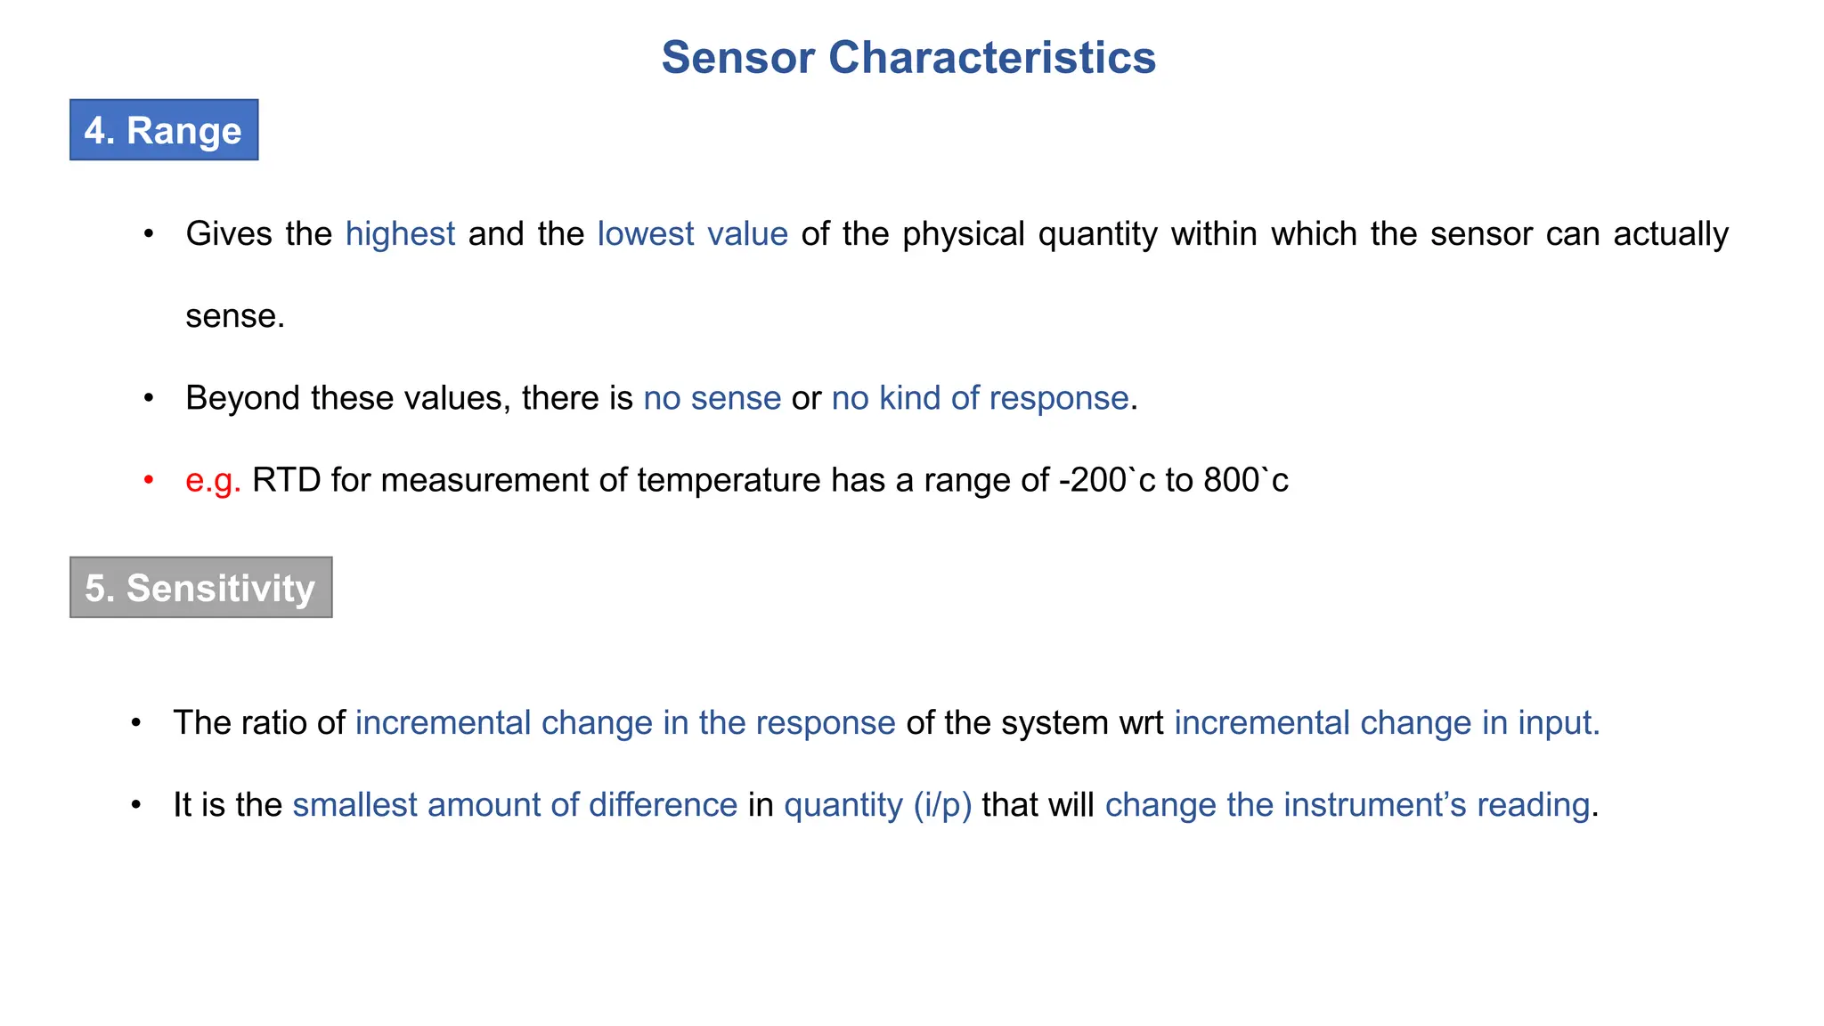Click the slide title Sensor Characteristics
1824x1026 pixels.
point(908,58)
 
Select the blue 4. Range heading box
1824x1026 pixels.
point(164,130)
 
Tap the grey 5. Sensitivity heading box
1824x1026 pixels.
point(200,588)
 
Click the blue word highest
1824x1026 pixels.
point(400,234)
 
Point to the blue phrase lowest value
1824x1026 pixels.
point(692,234)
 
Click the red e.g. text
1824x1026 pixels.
point(213,480)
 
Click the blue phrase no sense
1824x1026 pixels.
point(712,398)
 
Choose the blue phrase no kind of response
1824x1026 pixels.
point(980,398)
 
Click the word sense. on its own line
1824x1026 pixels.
point(234,316)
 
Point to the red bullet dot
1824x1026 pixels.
point(149,481)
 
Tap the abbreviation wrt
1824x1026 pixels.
point(1141,722)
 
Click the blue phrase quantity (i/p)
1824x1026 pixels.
point(877,804)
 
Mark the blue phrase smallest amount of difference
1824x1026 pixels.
point(515,804)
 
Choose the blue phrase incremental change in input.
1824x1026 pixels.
point(1387,722)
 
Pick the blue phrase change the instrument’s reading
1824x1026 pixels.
point(1347,804)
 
